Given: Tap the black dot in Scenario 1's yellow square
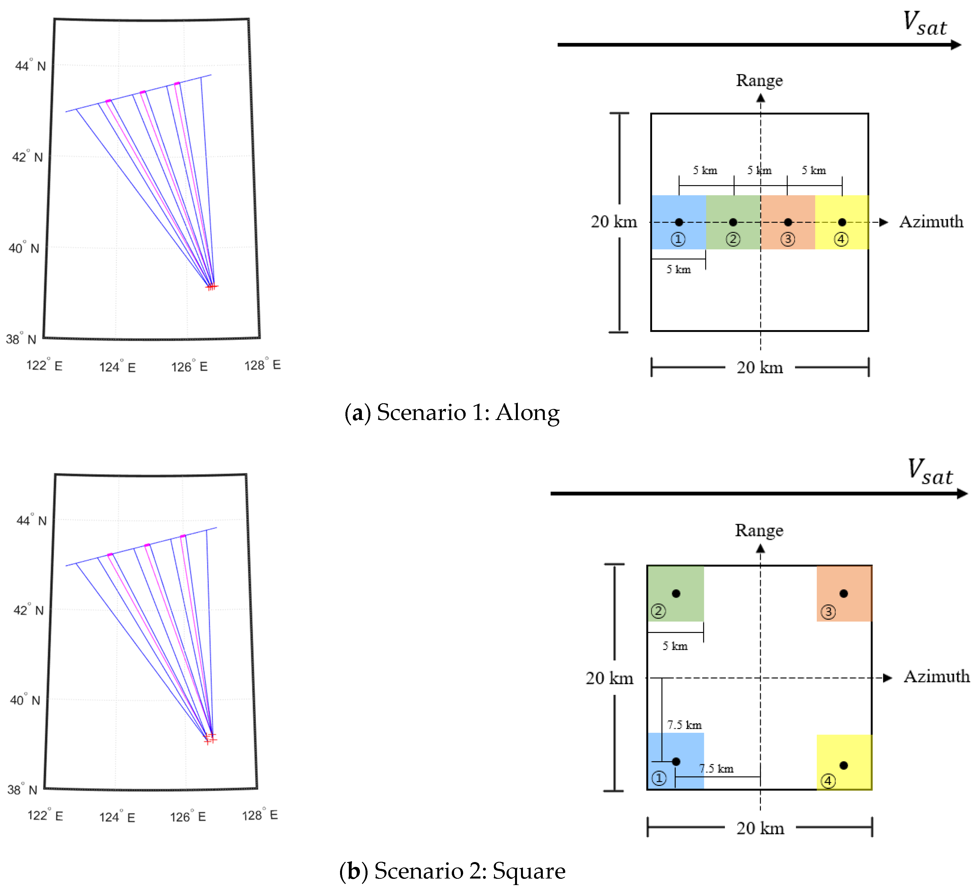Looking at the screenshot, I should coord(842,222).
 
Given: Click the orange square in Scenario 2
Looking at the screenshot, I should coord(844,593).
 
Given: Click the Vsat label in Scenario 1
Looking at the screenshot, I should coord(924,24).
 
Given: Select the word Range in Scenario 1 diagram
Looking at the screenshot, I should coord(759,81).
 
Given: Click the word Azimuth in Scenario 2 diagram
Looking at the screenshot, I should coord(936,676).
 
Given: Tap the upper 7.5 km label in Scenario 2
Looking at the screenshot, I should coord(684,725).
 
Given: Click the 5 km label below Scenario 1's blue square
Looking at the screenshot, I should coord(678,269).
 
